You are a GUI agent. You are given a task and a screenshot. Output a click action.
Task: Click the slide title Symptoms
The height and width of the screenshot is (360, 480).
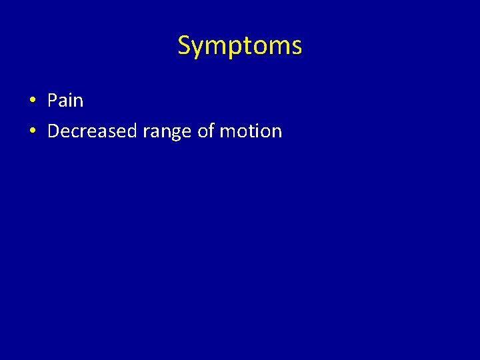(x=239, y=46)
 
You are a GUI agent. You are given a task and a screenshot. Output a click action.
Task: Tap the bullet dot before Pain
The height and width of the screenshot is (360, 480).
(x=32, y=101)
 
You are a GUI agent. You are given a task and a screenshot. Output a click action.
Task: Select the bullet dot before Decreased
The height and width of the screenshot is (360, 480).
(x=32, y=131)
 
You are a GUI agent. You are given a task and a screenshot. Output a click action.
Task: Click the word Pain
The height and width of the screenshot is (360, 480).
(x=65, y=101)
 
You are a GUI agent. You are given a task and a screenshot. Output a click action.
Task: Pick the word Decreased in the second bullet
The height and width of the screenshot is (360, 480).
(x=92, y=131)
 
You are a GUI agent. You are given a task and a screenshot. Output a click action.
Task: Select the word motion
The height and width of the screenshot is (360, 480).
(x=251, y=131)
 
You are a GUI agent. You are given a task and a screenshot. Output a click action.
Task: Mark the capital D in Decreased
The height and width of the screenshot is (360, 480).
(x=53, y=131)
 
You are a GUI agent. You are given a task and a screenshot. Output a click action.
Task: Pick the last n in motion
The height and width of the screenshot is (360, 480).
(x=277, y=132)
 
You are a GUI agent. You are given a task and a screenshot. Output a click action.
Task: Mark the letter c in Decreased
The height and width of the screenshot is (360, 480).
(x=76, y=132)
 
